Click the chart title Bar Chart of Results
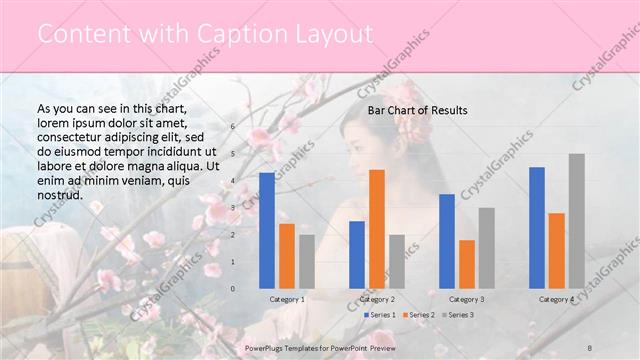417,109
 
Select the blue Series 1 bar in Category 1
266,230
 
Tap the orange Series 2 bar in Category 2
377,228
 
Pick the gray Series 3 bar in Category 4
577,220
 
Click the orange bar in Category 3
467,264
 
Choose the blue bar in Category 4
537,227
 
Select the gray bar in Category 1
306,261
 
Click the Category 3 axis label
467,299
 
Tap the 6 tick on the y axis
232,127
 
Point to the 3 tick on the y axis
232,208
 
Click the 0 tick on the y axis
232,289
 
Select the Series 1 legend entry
381,315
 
